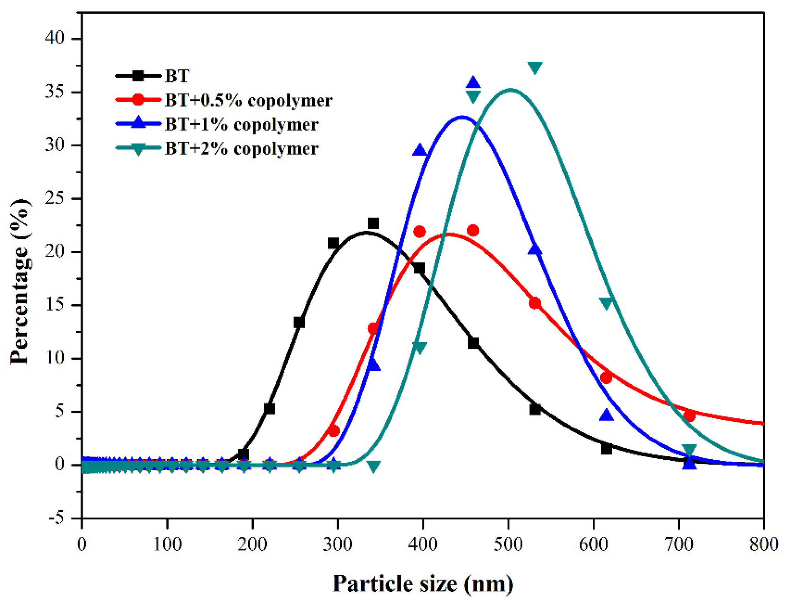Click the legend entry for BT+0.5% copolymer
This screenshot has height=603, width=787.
pos(248,100)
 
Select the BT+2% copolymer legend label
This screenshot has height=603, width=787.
pos(241,148)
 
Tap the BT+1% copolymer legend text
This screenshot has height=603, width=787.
pos(241,125)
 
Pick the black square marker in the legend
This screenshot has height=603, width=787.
pos(138,76)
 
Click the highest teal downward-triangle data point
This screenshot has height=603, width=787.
pos(535,67)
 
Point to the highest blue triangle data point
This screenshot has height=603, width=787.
pos(473,82)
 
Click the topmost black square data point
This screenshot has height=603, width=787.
pos(373,223)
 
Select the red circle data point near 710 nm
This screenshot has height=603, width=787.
pos(689,416)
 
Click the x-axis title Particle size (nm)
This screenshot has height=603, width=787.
pos(423,583)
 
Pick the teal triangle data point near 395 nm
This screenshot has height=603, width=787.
pos(419,347)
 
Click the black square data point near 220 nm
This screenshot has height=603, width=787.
pos(269,409)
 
